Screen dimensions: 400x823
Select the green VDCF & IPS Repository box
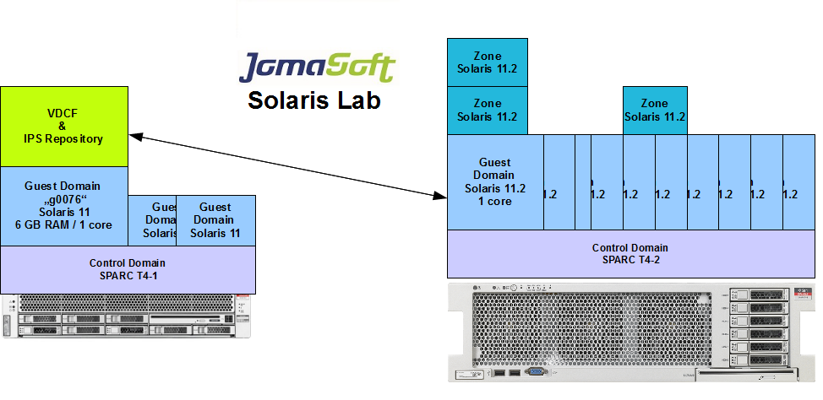[x=64, y=126]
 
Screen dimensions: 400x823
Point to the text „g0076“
[x=63, y=199]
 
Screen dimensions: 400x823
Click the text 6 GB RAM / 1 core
[x=63, y=224]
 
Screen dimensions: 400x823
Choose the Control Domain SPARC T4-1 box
[x=128, y=269]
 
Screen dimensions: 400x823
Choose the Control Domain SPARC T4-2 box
[x=630, y=253]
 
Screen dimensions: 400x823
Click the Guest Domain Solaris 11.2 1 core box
[x=495, y=181]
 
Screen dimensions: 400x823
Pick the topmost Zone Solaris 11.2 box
[x=488, y=62]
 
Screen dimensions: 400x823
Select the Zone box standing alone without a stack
[x=655, y=111]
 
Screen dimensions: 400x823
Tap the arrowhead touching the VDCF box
[x=135, y=136]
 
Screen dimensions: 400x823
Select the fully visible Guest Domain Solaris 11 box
[x=215, y=219]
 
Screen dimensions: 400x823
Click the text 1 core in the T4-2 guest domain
[x=495, y=201]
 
